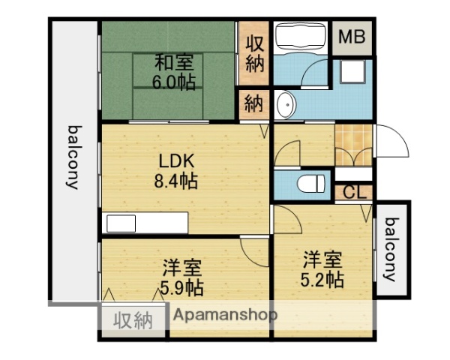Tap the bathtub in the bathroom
(x=298, y=37)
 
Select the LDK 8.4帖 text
(x=177, y=171)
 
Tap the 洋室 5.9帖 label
(x=181, y=277)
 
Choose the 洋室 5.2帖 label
(x=323, y=271)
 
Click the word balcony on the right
(x=391, y=249)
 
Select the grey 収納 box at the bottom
(x=133, y=321)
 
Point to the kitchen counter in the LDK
(x=146, y=223)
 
